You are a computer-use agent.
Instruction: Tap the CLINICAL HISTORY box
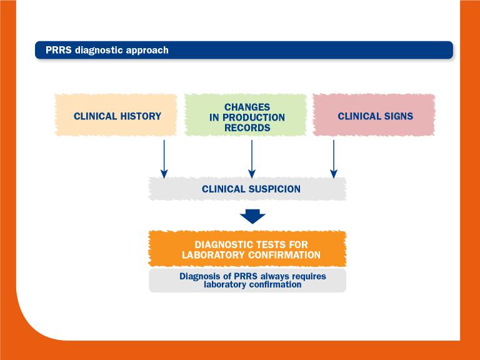pyautogui.click(x=117, y=116)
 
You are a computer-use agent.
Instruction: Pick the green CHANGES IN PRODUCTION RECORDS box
pyautogui.click(x=246, y=116)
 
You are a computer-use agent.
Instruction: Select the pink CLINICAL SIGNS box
pyautogui.click(x=374, y=116)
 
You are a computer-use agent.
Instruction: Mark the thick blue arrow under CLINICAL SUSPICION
pyautogui.click(x=252, y=216)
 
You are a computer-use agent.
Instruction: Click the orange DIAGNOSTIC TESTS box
pyautogui.click(x=247, y=249)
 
